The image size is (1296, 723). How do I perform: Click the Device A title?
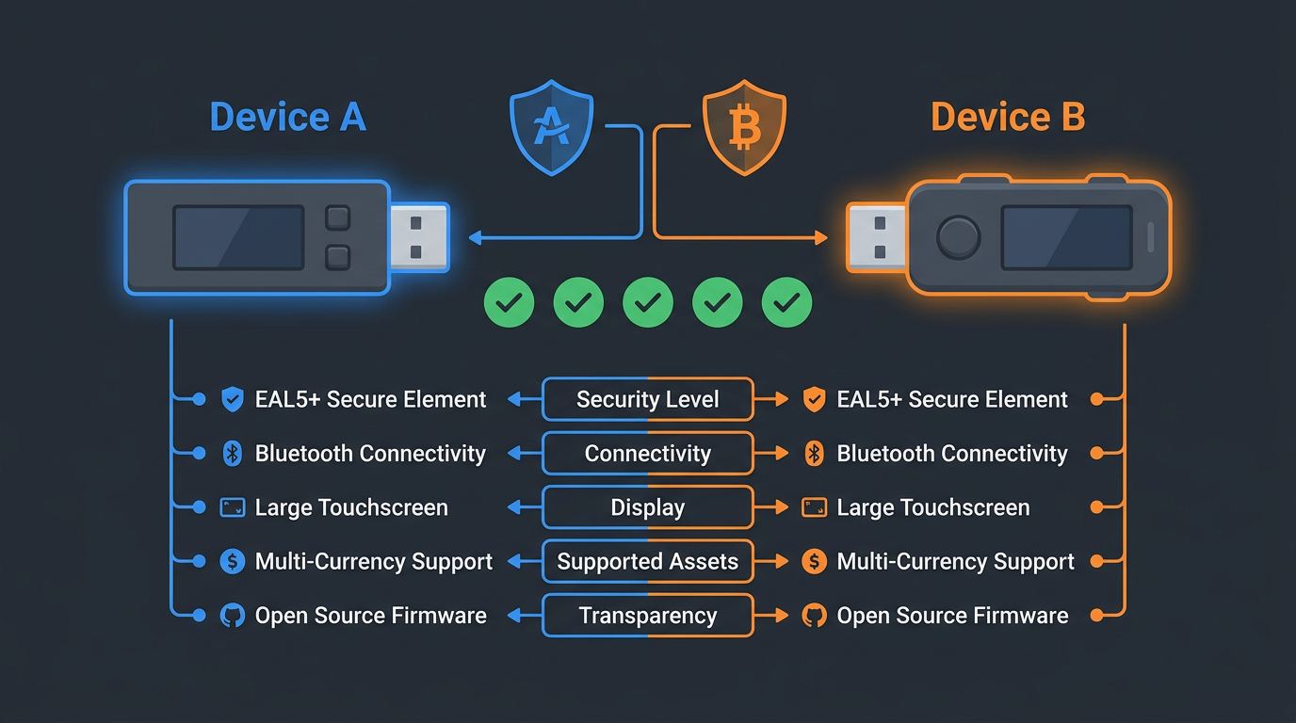pos(287,118)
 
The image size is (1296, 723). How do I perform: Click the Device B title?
pos(1008,118)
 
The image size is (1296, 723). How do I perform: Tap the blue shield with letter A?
pos(551,130)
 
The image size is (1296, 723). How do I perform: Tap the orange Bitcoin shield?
pos(744,130)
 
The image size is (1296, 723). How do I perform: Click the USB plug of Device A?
pos(418,237)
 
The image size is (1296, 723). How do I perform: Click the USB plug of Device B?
pos(876,237)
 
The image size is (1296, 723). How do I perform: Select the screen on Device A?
pos(238,237)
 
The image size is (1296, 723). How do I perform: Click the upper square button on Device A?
pos(337,218)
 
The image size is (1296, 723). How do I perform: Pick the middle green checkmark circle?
pos(648,302)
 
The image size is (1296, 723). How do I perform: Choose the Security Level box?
pos(648,399)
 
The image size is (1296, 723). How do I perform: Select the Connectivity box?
pos(648,454)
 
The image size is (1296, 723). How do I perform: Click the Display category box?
pos(648,507)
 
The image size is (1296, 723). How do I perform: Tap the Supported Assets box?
pos(648,562)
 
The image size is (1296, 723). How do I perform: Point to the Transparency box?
pos(648,616)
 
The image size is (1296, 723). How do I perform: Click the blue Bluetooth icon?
pos(232,454)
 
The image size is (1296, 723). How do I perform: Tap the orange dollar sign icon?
pos(814,562)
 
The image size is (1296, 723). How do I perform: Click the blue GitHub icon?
pos(232,616)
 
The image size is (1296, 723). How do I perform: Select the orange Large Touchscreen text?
pos(932,507)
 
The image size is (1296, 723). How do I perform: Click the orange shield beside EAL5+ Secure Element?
pos(814,399)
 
